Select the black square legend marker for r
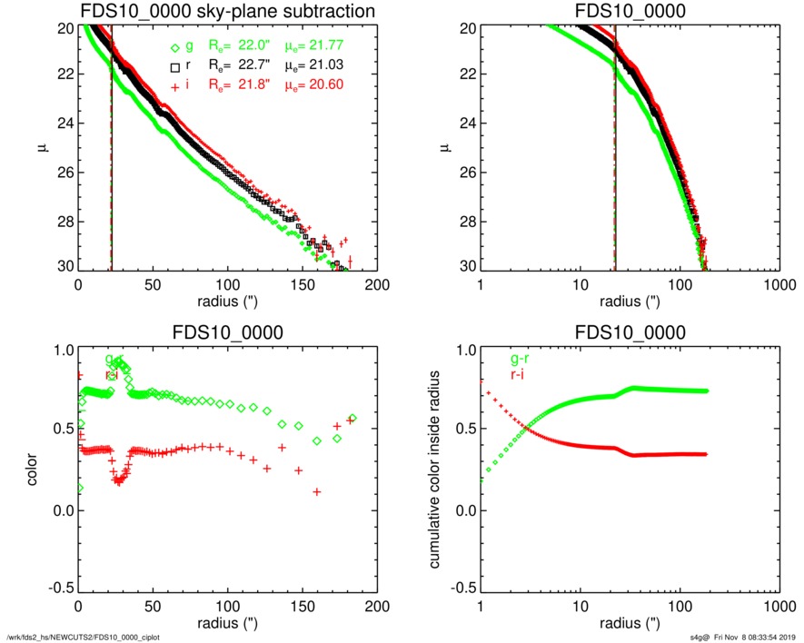click(176, 66)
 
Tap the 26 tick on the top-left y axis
click(65, 173)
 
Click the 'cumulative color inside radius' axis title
click(435, 469)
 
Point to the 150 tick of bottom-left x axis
click(302, 606)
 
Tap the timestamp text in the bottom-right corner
click(742, 636)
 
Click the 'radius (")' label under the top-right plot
click(630, 302)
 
